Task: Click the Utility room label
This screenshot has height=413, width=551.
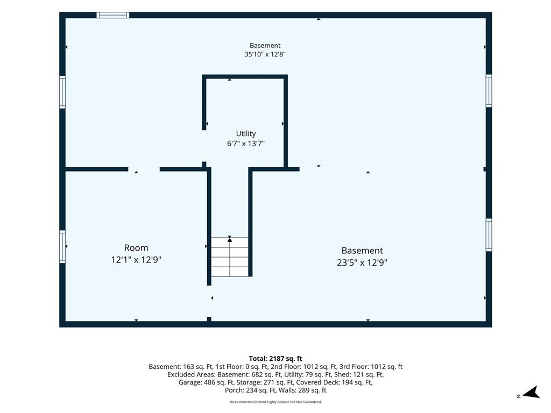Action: click(245, 133)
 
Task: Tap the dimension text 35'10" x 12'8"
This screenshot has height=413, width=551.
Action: click(265, 54)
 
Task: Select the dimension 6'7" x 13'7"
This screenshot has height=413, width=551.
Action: click(245, 143)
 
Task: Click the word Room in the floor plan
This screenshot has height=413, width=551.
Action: click(136, 248)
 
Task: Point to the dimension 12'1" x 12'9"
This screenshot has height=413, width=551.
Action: click(136, 260)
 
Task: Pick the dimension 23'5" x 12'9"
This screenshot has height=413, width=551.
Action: click(362, 262)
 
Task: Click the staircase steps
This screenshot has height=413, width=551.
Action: click(229, 257)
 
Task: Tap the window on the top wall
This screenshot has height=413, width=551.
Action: click(113, 15)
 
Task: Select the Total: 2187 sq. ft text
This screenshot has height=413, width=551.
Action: click(275, 359)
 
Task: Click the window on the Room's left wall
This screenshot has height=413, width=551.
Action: click(62, 246)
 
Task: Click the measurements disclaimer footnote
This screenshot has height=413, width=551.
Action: click(275, 402)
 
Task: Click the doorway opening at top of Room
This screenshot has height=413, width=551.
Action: click(144, 169)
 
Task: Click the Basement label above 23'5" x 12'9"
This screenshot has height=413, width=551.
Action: click(362, 251)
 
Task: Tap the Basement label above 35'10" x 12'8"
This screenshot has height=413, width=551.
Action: click(265, 45)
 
